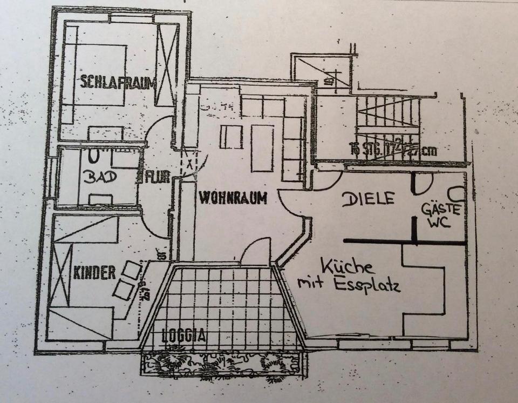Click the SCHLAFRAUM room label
click(x=119, y=83)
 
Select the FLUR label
click(x=155, y=177)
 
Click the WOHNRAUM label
click(x=233, y=199)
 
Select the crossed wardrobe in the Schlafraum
click(x=167, y=65)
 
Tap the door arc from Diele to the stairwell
click(x=328, y=180)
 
